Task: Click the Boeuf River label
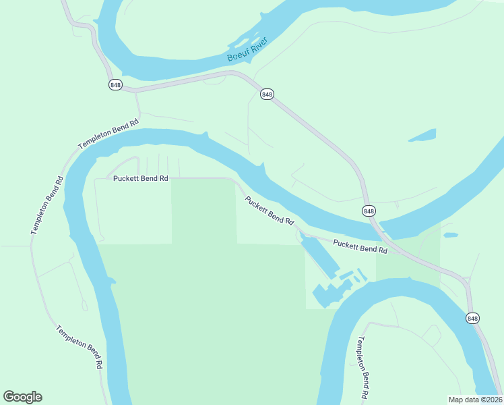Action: [x=247, y=49]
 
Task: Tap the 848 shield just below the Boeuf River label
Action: [x=267, y=94]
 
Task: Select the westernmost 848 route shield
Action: [x=115, y=84]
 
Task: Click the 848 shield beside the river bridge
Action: [x=369, y=211]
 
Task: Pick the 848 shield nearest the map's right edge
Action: [x=473, y=318]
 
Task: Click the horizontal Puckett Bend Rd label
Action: [x=140, y=179]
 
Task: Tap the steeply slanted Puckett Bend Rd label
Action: [x=270, y=211]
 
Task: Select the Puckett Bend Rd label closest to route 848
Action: [x=360, y=246]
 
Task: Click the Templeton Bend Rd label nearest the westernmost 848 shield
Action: [x=108, y=134]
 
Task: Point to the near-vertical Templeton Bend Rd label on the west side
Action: [x=46, y=206]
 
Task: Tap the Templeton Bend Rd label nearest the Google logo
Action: [x=79, y=346]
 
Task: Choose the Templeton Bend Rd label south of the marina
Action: [x=363, y=368]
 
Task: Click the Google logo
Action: [x=23, y=397]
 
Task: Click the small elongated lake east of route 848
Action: [x=422, y=135]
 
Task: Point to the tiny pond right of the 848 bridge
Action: [x=450, y=235]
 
